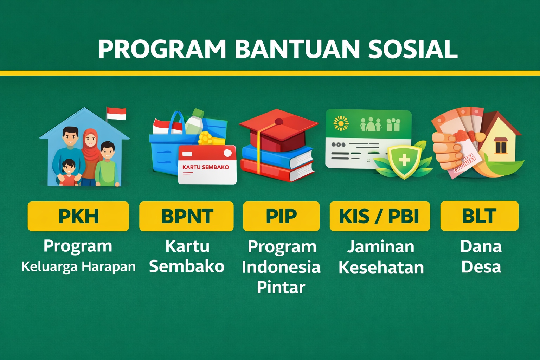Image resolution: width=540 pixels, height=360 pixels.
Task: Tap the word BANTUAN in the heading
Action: point(297,49)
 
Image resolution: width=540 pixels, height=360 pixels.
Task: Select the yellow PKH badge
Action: point(78,216)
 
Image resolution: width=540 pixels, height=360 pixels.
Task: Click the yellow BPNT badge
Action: point(186,216)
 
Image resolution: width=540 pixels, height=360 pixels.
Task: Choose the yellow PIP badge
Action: point(281,216)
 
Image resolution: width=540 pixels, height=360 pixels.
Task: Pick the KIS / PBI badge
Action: point(380,216)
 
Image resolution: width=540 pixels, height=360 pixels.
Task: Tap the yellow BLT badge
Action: point(479,216)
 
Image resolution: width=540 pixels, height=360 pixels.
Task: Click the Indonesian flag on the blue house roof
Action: point(116,114)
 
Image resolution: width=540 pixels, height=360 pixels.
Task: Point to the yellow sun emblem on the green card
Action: point(341,123)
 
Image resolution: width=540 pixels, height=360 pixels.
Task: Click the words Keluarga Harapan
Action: point(78,267)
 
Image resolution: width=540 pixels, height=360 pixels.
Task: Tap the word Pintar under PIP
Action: point(281,287)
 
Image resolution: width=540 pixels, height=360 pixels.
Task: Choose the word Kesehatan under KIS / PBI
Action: point(381,268)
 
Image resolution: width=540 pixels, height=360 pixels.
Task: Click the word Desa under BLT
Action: point(481,267)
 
